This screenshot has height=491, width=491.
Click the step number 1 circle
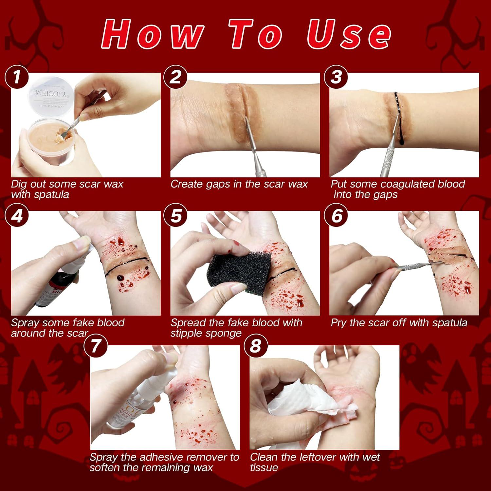[x=17, y=77]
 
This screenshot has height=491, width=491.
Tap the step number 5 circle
[x=176, y=216]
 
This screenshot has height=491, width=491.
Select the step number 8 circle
[x=256, y=345]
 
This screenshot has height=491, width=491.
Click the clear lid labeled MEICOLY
[x=52, y=95]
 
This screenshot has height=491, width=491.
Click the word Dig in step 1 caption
[x=19, y=184]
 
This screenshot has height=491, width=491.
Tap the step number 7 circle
[x=96, y=346]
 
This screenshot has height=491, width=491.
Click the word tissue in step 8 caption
[x=264, y=467]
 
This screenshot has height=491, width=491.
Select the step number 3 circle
[x=336, y=77]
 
